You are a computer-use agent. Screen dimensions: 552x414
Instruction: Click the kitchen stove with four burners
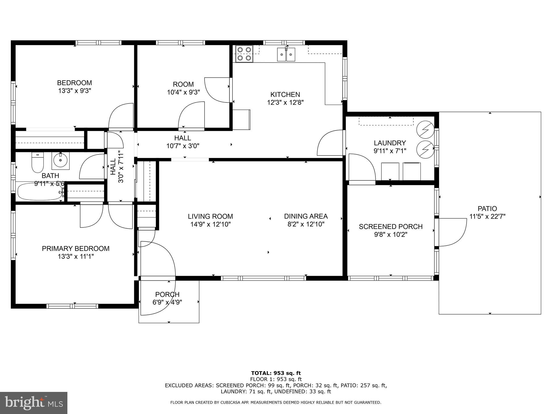coord(244,54)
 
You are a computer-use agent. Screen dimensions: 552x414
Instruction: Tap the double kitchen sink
coord(286,54)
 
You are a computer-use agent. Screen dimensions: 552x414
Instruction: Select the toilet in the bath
coord(37,163)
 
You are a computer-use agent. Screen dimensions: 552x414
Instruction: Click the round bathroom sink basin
coord(61,161)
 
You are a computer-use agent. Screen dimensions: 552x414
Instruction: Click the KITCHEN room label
coord(285,95)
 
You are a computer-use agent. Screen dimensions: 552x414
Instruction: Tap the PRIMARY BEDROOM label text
coord(76,249)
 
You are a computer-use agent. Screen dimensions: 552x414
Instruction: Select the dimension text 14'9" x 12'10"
coord(211,224)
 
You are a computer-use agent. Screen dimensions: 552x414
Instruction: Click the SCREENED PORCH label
coord(391,227)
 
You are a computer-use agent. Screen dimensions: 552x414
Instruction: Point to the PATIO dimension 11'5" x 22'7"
coord(487,216)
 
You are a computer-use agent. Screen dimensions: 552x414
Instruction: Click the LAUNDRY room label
coord(390,143)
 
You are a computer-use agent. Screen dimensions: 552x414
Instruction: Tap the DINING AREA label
coord(306,216)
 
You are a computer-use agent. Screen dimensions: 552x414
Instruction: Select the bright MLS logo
coord(34,403)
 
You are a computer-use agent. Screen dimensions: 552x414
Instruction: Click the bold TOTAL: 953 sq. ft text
coord(276,373)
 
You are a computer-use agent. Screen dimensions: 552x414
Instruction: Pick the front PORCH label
coord(167,294)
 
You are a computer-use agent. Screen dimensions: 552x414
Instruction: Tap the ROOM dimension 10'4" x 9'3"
coord(184,92)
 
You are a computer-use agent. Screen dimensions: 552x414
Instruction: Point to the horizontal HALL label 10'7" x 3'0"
coord(183,142)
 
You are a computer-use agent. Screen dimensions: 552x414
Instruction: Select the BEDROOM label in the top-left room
coord(74,83)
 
